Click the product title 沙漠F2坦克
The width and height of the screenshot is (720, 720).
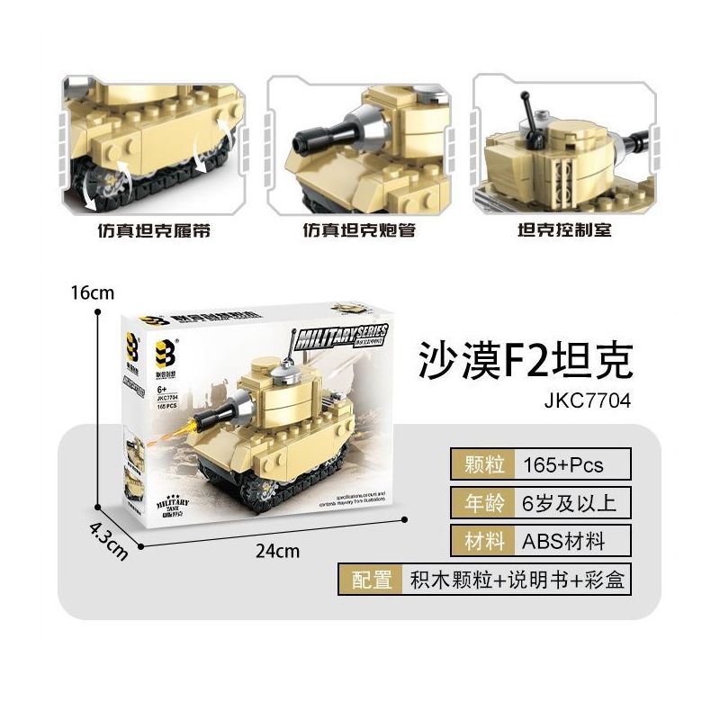pos(526,360)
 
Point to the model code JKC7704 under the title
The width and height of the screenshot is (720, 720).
pos(582,402)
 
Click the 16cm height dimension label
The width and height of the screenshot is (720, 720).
pos(94,292)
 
